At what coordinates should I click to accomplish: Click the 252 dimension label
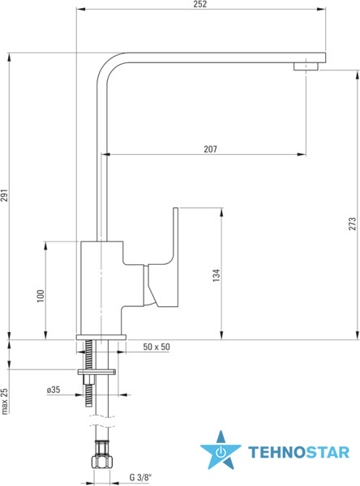coord(199,4)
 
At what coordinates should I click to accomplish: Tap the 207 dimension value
coord(211,149)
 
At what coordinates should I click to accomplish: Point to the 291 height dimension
coord(4,195)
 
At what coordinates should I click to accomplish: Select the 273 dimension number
coord(352,224)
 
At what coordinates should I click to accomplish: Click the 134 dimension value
coord(216,275)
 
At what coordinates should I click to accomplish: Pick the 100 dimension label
coord(41,296)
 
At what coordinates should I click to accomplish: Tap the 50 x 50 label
coord(156,347)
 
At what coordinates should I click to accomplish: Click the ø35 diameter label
coord(54,390)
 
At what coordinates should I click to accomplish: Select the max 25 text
coord(4,401)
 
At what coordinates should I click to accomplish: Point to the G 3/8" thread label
coord(142,477)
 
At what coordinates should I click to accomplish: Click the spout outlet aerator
coord(306,66)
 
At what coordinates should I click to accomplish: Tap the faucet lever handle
coord(162,258)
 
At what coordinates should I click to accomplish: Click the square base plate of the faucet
coord(101,337)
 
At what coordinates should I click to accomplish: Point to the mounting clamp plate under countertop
coord(96,372)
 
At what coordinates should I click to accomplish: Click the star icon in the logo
coord(221,450)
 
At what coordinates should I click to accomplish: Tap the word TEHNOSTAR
coord(299,452)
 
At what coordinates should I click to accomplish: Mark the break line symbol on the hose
coord(102,420)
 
